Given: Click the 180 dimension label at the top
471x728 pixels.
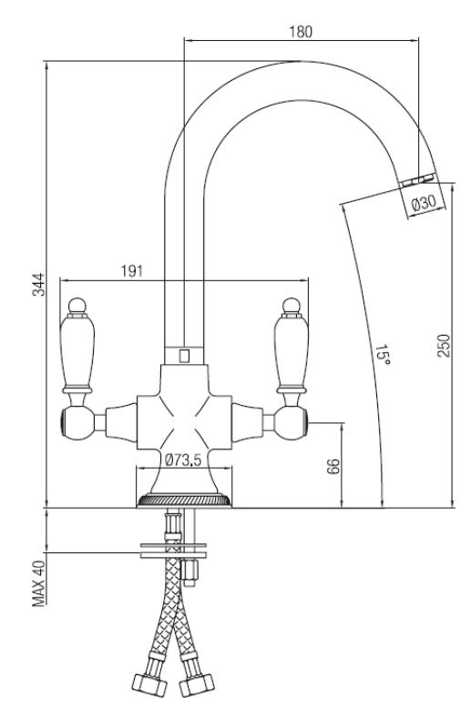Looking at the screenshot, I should (x=302, y=31).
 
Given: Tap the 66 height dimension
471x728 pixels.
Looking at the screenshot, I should (x=333, y=466).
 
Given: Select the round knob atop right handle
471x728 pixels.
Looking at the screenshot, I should (x=292, y=302).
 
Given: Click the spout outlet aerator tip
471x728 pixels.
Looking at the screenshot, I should (x=417, y=177).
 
